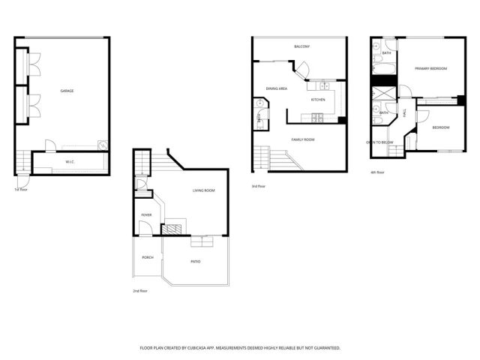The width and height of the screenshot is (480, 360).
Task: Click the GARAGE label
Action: click(67, 91)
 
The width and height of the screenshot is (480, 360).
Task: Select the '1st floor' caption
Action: click(20, 189)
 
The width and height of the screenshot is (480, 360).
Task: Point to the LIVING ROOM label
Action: click(203, 190)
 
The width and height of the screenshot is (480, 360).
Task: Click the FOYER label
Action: click(146, 215)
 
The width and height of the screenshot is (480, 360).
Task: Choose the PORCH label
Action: click(148, 257)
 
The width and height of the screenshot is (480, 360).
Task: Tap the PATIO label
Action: click(195, 262)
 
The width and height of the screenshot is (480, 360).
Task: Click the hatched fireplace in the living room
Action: click(173, 229)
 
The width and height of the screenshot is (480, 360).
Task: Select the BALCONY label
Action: click(302, 46)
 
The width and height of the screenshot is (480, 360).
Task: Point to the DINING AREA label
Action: click(277, 88)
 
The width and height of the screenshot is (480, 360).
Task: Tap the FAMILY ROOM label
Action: click(303, 139)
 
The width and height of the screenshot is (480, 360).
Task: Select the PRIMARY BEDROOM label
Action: click(431, 68)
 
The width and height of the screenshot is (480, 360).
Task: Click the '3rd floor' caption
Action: click(258, 186)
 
